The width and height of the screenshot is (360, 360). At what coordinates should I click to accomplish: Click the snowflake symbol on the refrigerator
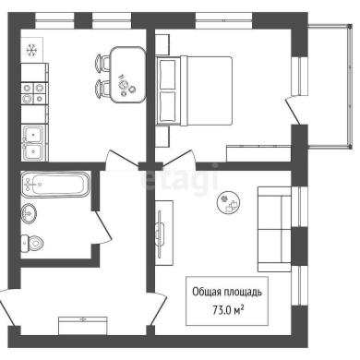tap(31, 50)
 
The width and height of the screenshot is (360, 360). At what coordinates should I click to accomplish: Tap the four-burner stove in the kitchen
tap(33, 93)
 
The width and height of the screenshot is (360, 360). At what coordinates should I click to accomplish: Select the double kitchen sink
tap(33, 142)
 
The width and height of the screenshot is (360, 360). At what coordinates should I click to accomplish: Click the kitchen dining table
tap(127, 75)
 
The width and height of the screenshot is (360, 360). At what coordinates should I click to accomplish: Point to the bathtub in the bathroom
tap(55, 185)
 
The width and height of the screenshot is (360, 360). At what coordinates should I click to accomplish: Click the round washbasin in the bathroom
tap(29, 212)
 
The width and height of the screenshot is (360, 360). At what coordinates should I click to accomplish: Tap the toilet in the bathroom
tap(32, 243)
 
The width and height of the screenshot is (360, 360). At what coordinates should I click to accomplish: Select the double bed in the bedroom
tap(194, 90)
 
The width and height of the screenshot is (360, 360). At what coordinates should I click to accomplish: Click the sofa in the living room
tap(274, 229)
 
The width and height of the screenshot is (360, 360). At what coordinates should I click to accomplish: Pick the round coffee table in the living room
tap(228, 202)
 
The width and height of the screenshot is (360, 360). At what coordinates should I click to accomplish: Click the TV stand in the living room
tap(163, 233)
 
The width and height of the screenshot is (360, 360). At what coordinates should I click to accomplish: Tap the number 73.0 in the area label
tap(222, 310)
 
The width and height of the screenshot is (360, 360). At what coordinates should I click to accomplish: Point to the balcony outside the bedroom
tap(330, 87)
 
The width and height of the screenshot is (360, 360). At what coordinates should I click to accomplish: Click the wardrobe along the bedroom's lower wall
tap(258, 153)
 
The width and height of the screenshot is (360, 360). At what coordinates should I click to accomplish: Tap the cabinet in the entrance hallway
tap(83, 326)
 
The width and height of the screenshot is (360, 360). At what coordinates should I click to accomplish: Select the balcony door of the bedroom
tap(293, 110)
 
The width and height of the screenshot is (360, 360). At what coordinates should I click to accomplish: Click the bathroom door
tap(102, 227)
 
